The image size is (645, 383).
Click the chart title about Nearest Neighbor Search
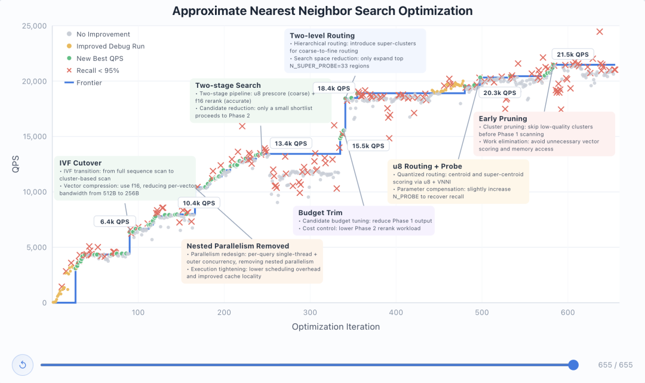(322, 11)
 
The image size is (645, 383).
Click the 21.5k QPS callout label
(573, 54)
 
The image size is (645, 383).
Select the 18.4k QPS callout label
(334, 88)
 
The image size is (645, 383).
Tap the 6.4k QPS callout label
(115, 222)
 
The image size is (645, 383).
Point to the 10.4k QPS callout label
(199, 203)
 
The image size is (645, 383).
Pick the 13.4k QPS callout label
(291, 143)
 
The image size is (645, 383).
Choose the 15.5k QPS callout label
(368, 146)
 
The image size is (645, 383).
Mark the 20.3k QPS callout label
(499, 93)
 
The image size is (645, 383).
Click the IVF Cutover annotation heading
(81, 163)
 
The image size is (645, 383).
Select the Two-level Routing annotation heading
(322, 36)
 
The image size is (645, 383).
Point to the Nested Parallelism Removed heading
(238, 246)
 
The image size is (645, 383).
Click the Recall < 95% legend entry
(97, 71)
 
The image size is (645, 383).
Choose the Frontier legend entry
(89, 83)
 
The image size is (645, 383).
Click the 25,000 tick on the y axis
(34, 26)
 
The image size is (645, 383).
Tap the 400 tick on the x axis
(396, 312)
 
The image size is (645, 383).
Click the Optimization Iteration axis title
(336, 327)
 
